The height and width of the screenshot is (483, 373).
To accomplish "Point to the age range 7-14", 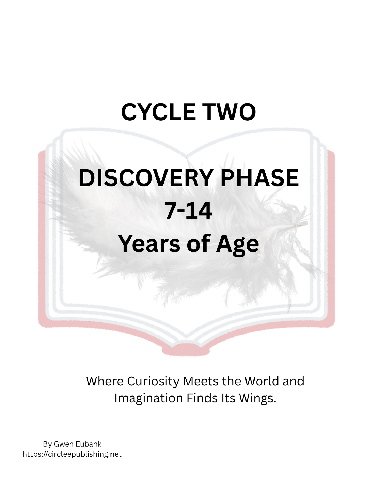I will [x=189, y=211].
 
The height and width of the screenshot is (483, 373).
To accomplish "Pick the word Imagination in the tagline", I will [x=148, y=398].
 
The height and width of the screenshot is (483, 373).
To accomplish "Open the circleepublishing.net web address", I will [x=72, y=454].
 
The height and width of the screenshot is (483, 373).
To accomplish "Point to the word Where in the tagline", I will [x=105, y=381].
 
